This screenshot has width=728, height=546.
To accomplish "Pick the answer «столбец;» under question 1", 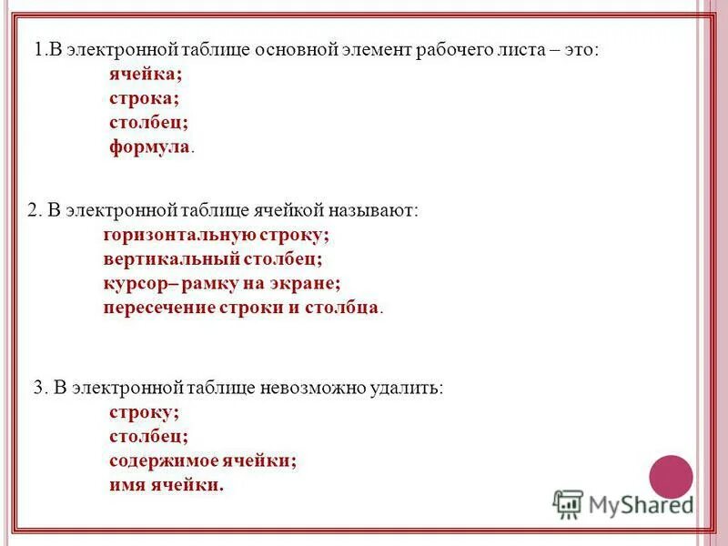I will (149, 122).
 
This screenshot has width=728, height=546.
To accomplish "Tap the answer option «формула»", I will (150, 146).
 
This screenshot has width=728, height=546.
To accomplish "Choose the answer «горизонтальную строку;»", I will (216, 235).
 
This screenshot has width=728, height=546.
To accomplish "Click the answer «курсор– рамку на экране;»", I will (222, 283).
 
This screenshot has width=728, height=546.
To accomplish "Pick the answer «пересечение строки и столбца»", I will (241, 307).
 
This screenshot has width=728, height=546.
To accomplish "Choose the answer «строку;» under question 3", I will (144, 412).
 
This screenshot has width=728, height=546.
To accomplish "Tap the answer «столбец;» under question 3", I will (148, 436).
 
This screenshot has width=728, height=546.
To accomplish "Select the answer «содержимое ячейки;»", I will (203, 460).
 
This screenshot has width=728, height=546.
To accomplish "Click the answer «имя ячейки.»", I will (166, 484).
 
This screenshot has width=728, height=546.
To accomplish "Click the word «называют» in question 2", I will (373, 210).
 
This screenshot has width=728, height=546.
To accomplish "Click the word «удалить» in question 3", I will (410, 388).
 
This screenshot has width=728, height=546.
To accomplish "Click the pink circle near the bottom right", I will (671, 476).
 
